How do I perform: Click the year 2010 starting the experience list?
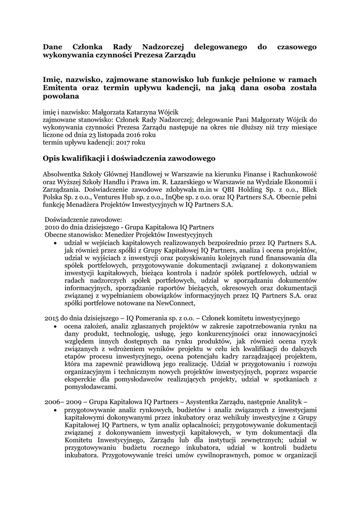coord(53,227)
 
